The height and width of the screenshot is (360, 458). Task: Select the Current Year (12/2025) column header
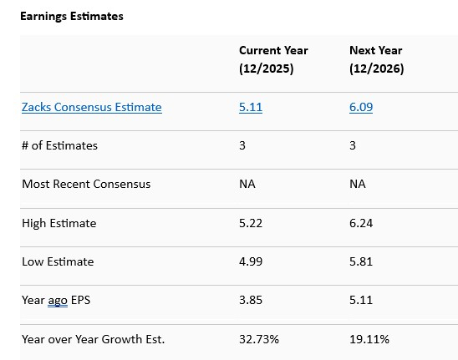273,59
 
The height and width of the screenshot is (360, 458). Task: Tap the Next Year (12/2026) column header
376,59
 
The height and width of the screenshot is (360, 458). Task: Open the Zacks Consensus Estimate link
92,107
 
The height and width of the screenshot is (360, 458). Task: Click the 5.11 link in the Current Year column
250,107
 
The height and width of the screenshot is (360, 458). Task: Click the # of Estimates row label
59,145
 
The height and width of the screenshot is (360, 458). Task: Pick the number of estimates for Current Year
242,145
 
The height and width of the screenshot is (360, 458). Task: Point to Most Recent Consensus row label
86,184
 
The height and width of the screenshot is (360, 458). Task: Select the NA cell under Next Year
357,184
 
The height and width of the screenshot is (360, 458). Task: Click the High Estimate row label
59,223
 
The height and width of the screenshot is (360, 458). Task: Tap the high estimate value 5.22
250,223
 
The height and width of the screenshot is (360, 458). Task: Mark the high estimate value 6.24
360,223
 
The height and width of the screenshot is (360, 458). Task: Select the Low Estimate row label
58,261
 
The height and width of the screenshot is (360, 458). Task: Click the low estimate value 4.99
250,261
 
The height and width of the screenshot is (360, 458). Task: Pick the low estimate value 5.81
360,261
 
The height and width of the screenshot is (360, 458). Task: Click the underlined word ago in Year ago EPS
58,301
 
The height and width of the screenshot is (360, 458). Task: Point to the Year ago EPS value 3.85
250,300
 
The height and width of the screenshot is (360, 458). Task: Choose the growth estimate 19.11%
369,339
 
